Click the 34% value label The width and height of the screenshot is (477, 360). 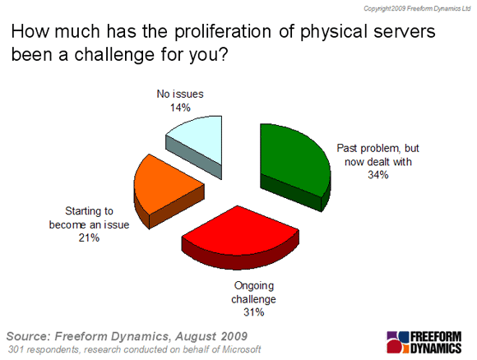pyautogui.click(x=377, y=175)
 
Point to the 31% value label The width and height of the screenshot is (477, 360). pyautogui.click(x=253, y=312)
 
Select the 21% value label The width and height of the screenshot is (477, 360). pyautogui.click(x=89, y=238)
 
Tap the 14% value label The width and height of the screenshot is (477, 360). pyautogui.click(x=180, y=108)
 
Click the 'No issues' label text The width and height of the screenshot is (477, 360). pyautogui.click(x=180, y=94)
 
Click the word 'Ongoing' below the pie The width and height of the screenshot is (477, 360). pyautogui.click(x=253, y=286)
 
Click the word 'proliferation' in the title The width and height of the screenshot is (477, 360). pyautogui.click(x=223, y=32)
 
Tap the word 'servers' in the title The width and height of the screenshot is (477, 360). pyautogui.click(x=405, y=31)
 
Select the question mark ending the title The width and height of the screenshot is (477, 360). pyautogui.click(x=223, y=55)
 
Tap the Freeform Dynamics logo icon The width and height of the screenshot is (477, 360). pyautogui.click(x=397, y=342)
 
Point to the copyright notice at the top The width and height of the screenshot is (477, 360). pyautogui.click(x=417, y=8)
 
